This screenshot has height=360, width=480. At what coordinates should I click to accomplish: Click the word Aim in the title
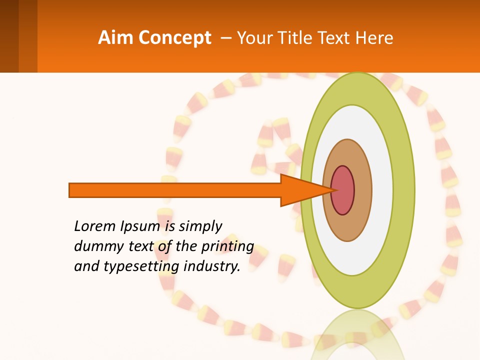pyautogui.click(x=116, y=38)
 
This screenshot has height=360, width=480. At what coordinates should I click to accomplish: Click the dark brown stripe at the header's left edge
pyautogui.click(x=9, y=36)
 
